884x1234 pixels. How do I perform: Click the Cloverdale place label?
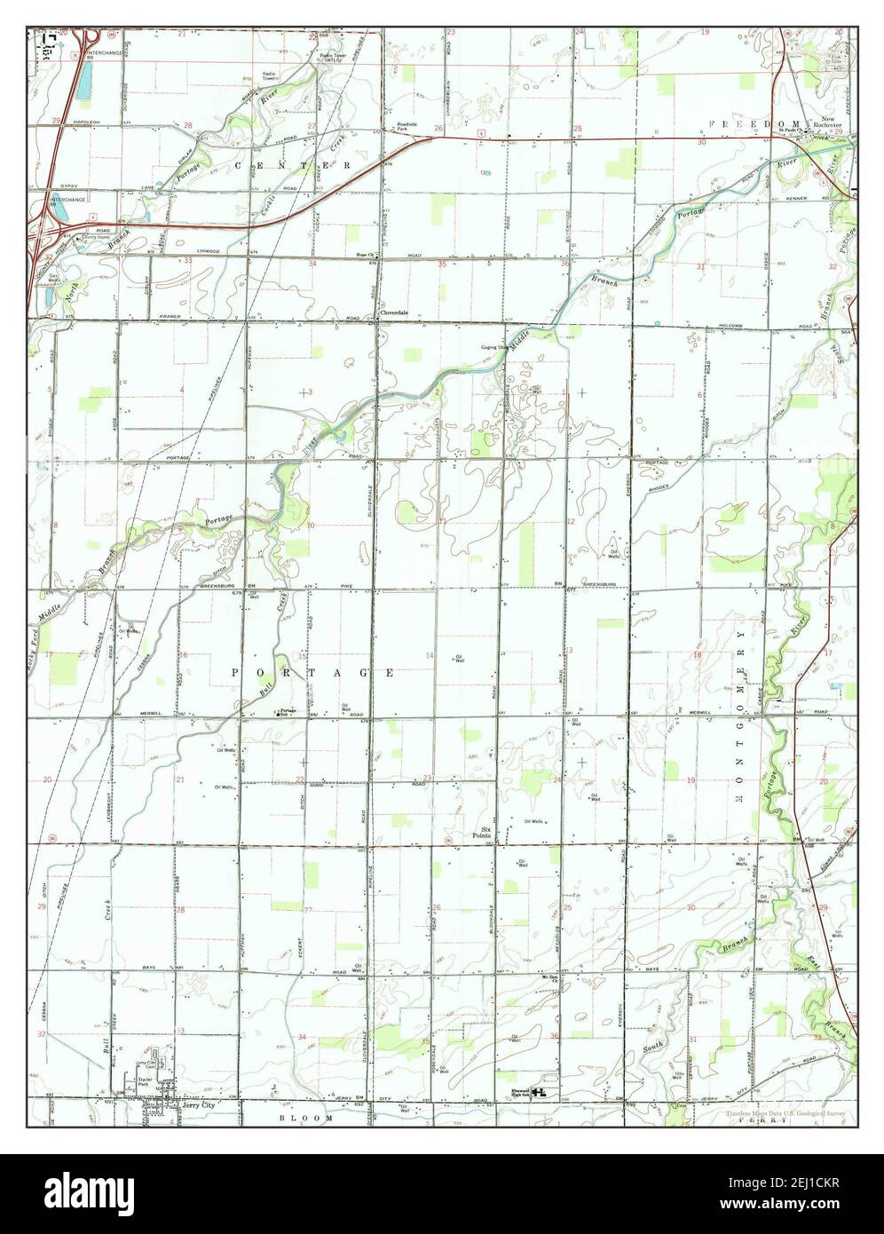(394, 313)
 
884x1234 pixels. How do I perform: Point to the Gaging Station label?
(493, 347)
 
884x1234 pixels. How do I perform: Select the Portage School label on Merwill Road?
(286, 711)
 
